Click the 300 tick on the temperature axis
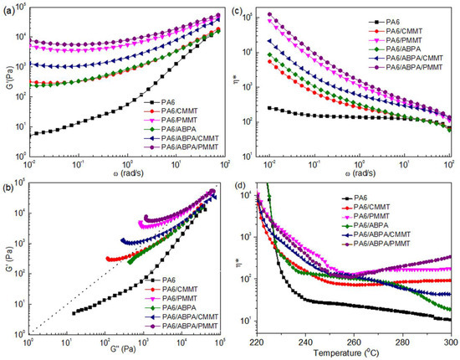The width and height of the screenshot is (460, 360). (x=451, y=342)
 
